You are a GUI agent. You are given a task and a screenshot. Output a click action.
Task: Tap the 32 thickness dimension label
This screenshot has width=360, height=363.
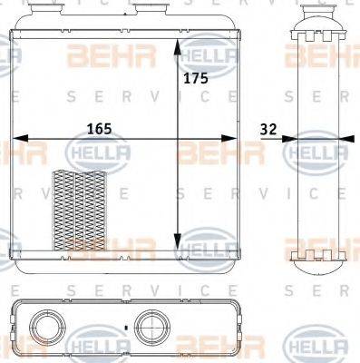click(x=267, y=129)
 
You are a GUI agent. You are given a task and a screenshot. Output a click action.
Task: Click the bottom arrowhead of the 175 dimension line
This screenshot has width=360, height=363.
click(x=178, y=247)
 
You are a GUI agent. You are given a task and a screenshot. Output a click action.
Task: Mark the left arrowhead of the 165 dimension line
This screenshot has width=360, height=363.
click(x=18, y=140)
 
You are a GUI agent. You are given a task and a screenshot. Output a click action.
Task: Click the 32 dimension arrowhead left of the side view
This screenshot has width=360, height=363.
click(x=289, y=140)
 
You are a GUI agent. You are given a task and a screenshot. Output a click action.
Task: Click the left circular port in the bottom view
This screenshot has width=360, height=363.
click(x=46, y=325)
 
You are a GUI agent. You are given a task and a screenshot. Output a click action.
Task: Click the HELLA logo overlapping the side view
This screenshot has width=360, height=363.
click(x=315, y=152)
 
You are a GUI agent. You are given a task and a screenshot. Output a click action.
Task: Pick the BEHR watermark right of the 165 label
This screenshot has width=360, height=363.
click(x=205, y=152)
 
